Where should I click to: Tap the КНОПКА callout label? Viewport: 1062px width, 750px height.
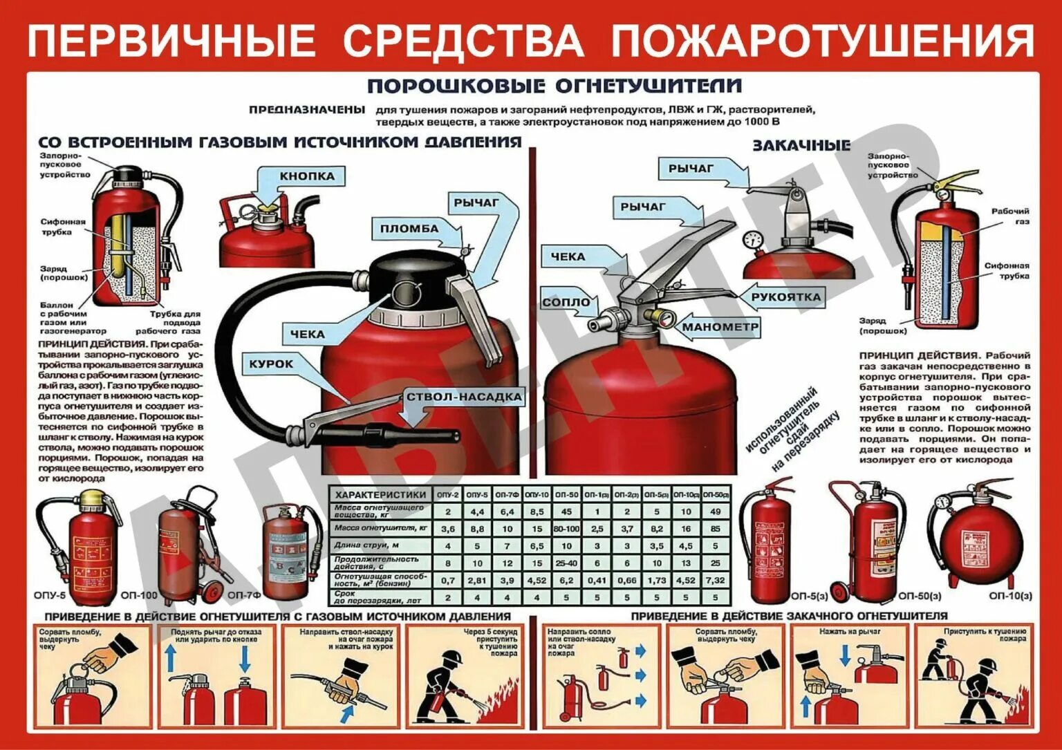pyautogui.click(x=306, y=176)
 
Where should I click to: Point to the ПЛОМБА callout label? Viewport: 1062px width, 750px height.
pyautogui.click(x=409, y=229)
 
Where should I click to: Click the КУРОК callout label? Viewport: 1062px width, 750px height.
pyautogui.click(x=271, y=364)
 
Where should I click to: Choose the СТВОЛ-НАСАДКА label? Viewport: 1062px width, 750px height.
pyautogui.click(x=464, y=397)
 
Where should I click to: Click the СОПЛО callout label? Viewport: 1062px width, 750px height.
pyautogui.click(x=566, y=302)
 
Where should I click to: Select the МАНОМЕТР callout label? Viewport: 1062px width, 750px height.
pyautogui.click(x=720, y=327)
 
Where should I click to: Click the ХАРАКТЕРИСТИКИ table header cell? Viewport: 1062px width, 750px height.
pyautogui.click(x=380, y=495)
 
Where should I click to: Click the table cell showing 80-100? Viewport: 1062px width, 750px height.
pyautogui.click(x=566, y=529)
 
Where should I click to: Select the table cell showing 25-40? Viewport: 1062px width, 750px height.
pyautogui.click(x=566, y=563)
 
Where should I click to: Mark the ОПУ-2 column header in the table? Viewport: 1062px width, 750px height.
pyautogui.click(x=448, y=495)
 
